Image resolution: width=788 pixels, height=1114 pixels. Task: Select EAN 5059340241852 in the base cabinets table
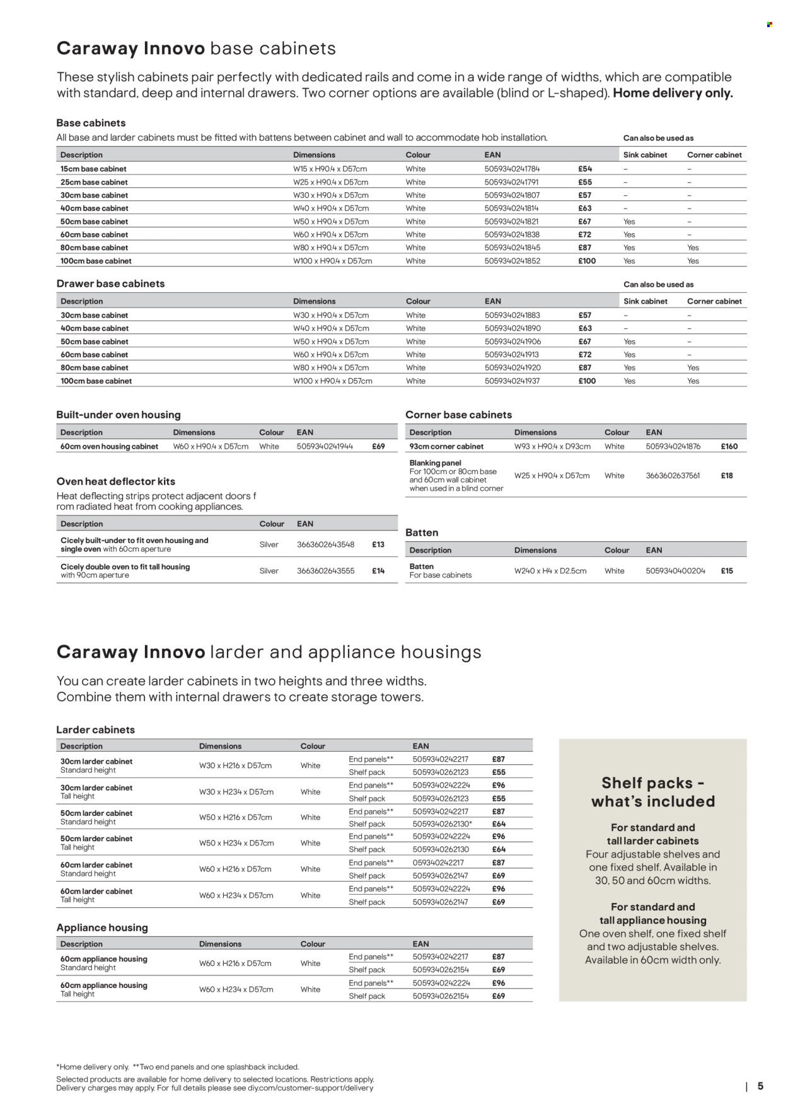(512, 261)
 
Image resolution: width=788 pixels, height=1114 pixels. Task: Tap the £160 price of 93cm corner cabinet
(729, 446)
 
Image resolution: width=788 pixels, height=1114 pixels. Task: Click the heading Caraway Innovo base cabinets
(196, 49)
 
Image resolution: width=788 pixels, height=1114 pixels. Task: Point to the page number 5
(760, 1086)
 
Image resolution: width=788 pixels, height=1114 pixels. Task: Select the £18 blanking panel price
(727, 476)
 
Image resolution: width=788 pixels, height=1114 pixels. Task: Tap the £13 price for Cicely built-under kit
(378, 544)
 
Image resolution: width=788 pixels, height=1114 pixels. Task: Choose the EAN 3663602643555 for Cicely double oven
(325, 571)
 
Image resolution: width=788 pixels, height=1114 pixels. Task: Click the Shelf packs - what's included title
(652, 792)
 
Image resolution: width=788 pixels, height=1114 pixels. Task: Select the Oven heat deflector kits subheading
(115, 481)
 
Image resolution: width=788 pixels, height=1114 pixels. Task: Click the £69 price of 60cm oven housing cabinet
(378, 446)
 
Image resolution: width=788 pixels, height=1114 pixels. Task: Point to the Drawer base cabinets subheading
(110, 284)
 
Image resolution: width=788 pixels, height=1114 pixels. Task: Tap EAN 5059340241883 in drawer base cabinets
(512, 315)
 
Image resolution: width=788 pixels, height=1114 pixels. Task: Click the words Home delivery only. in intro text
(673, 93)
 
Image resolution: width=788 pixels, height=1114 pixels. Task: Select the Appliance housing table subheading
(102, 927)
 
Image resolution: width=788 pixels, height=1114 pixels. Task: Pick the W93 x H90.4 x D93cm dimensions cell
(552, 446)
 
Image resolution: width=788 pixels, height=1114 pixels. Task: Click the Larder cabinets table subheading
(96, 730)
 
